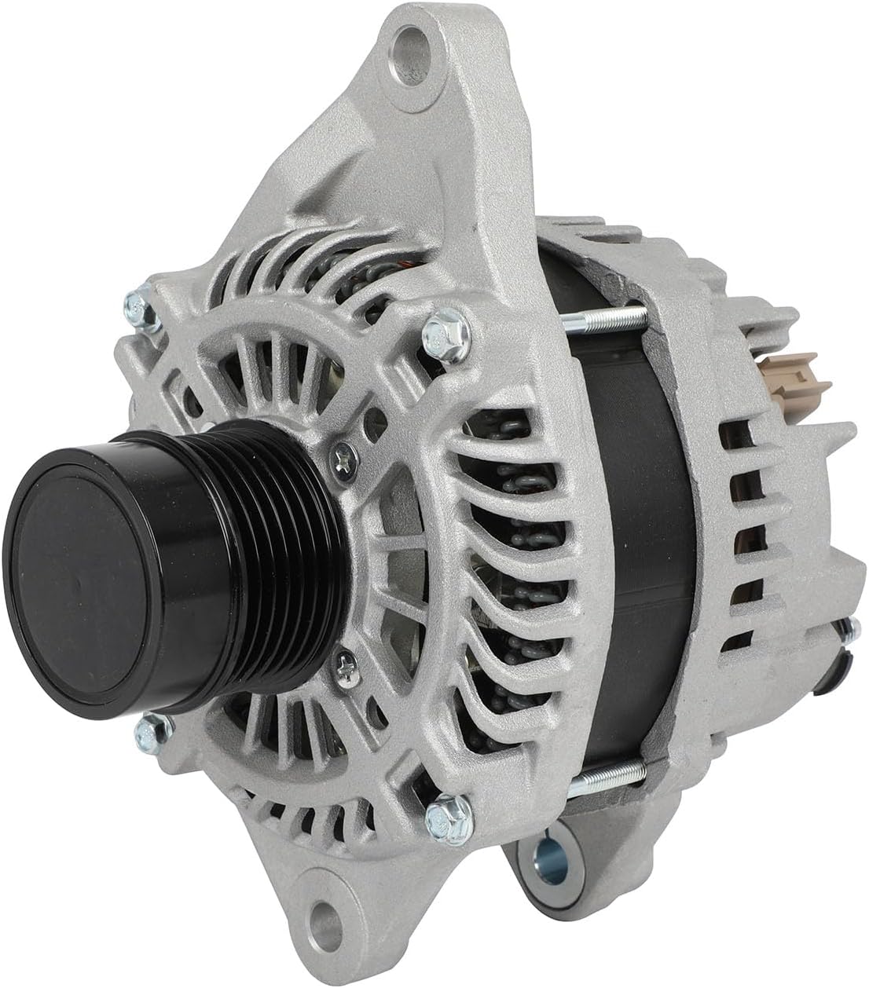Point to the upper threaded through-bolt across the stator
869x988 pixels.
coord(605,319)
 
